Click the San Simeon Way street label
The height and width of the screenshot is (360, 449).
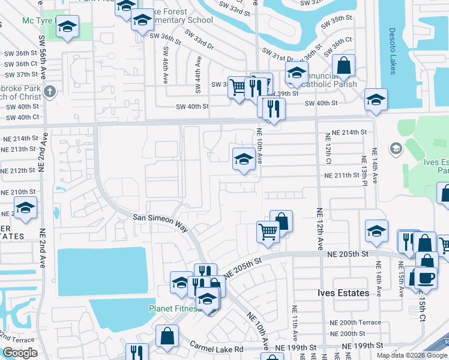click(x=160, y=221)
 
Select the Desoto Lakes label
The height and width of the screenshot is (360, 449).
click(x=392, y=51)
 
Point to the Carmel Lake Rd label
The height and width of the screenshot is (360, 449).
click(x=217, y=348)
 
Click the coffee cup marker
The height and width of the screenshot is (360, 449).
click(x=425, y=278)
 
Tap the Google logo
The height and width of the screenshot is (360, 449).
click(x=20, y=353)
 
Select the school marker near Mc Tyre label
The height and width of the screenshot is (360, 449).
click(x=68, y=28)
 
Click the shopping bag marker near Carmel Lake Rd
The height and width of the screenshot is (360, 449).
click(x=167, y=337)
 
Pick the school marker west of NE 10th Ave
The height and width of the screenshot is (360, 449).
click(x=243, y=159)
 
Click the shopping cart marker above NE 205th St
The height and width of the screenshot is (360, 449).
click(x=268, y=231)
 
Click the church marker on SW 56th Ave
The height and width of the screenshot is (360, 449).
click(x=50, y=92)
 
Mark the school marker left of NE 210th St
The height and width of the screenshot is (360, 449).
click(x=25, y=208)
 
